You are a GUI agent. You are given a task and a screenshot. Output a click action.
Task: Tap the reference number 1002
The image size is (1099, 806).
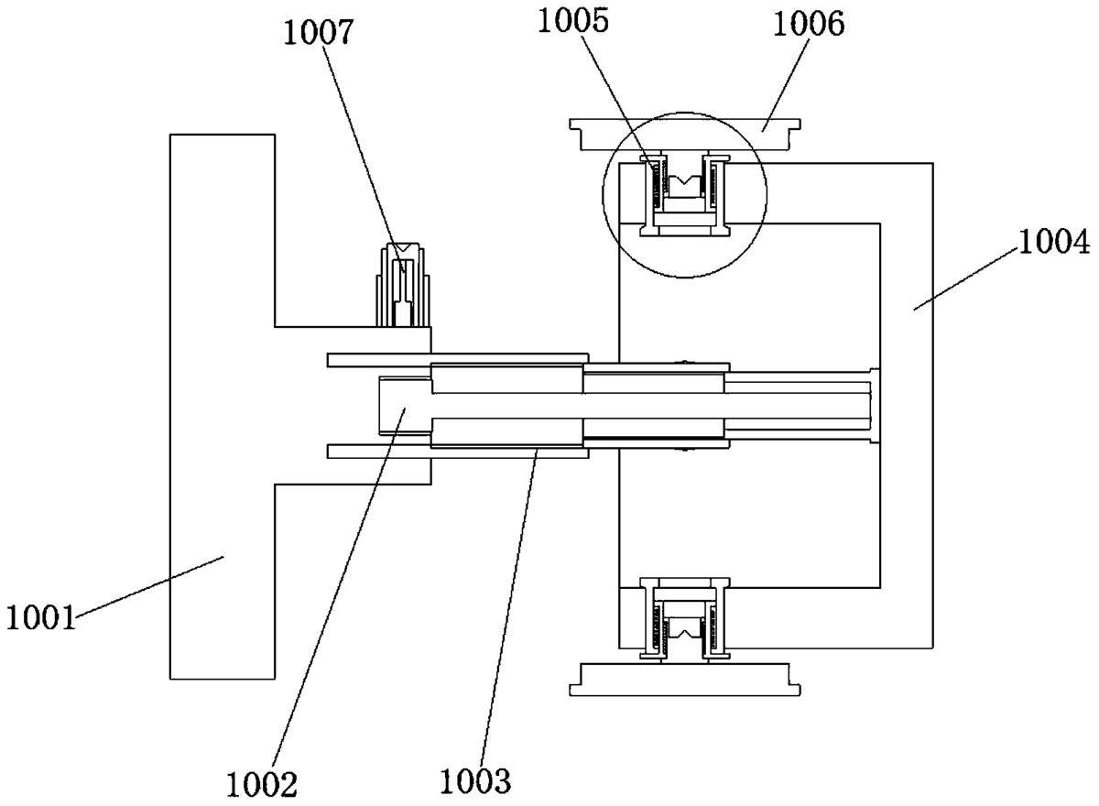tap(264, 784)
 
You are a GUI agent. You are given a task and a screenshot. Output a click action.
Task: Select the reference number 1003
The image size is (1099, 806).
tap(475, 781)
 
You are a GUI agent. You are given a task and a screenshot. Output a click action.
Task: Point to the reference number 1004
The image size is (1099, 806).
tap(1053, 243)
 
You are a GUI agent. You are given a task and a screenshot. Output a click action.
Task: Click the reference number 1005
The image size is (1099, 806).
tap(574, 21)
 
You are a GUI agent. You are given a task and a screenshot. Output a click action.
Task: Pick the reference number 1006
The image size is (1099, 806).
tap(809, 24)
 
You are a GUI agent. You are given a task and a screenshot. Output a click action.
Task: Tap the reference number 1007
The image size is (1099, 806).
tap(318, 33)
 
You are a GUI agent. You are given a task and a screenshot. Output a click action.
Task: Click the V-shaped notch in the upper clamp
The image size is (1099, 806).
tap(683, 180)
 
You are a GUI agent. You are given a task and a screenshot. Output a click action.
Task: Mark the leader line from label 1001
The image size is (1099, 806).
tap(147, 586)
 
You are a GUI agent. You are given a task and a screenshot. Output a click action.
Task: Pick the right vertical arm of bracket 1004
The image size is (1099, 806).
tap(907, 403)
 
